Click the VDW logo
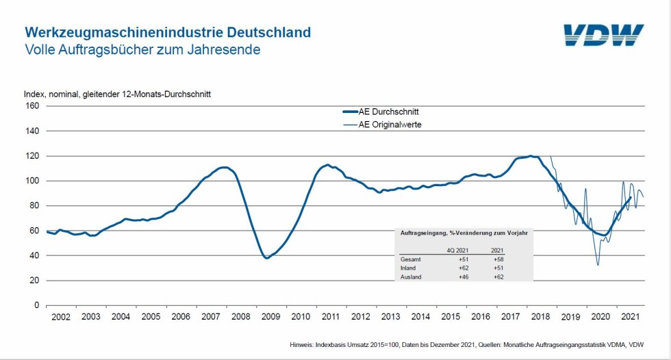603,36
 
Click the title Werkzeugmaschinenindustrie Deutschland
168,32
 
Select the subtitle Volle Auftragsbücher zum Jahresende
142,50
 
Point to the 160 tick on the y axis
32,106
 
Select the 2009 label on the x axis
270,317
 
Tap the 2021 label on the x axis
630,317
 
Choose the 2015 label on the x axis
451,317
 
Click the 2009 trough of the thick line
266,258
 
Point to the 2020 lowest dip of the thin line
598,265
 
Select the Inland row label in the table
408,268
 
